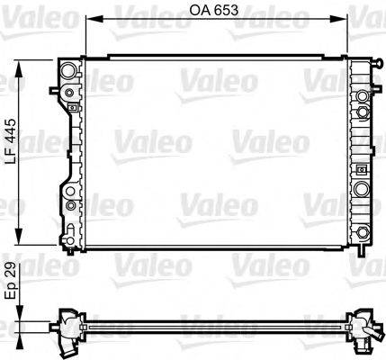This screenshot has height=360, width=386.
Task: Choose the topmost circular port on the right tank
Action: (x=362, y=95)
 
